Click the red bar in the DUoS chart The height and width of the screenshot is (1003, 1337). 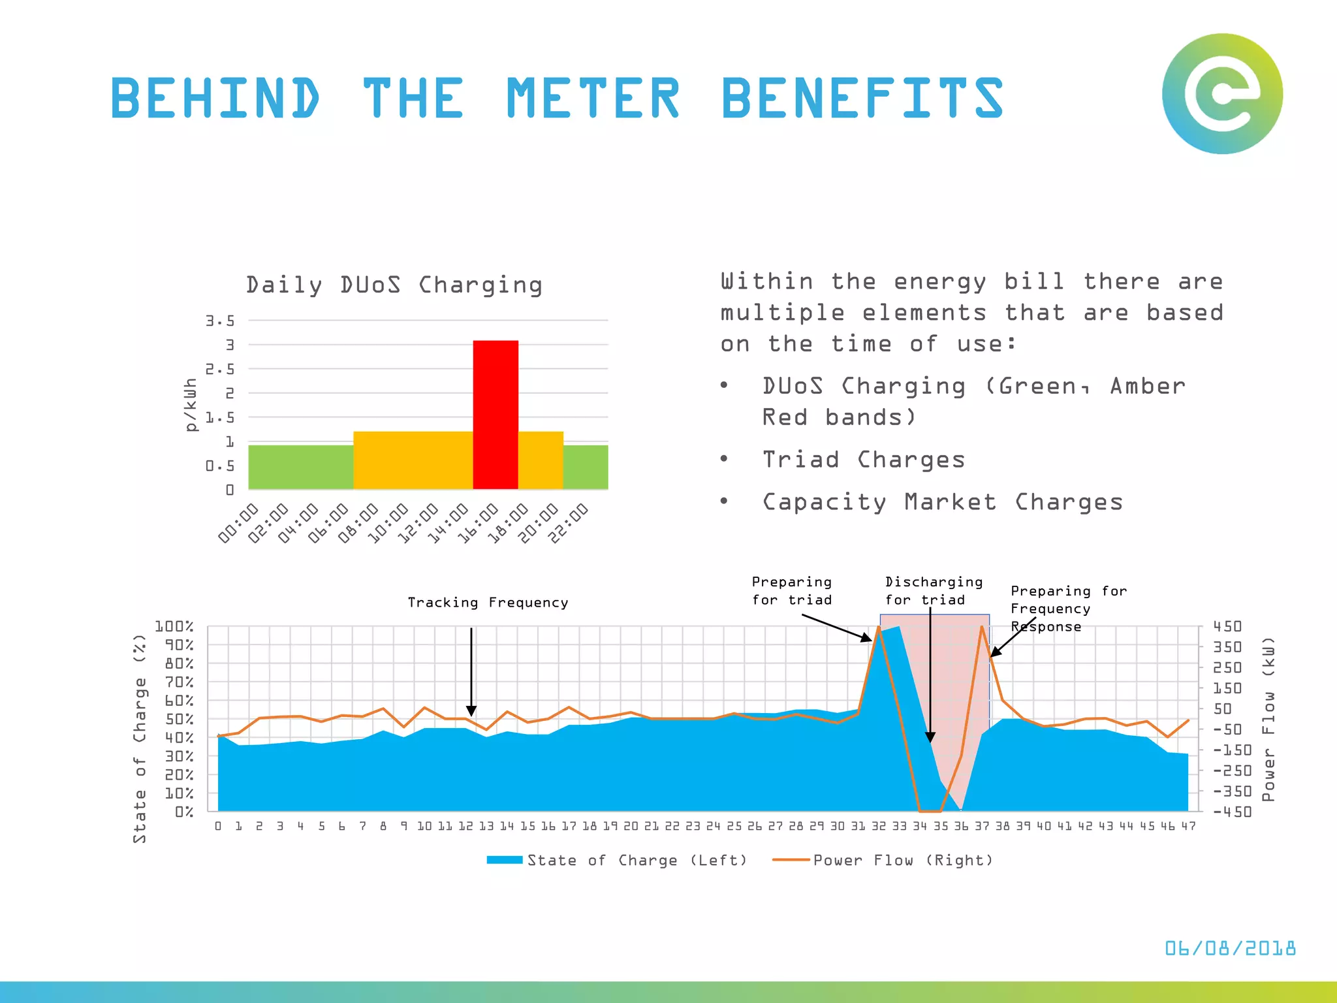[495, 414]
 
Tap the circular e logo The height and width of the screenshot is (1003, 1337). [1222, 94]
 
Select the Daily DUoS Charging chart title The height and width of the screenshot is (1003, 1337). [394, 285]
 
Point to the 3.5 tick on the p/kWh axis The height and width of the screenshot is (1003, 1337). [220, 321]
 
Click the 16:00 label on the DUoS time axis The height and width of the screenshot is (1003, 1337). [477, 523]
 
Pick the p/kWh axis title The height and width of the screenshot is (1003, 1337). [190, 405]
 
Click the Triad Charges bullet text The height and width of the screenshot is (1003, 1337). [863, 460]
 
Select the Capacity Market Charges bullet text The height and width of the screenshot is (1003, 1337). [942, 502]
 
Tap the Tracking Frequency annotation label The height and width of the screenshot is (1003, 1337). [488, 603]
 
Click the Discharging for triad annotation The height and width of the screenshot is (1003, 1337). [934, 591]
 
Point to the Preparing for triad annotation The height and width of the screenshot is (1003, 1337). [792, 591]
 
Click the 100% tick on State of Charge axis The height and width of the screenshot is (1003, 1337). [174, 627]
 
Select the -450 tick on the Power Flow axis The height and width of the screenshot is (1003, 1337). [1232, 812]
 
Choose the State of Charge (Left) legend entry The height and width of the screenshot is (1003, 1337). [617, 861]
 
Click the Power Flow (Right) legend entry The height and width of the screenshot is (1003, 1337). [883, 861]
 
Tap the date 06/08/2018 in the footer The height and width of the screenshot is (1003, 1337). [1230, 948]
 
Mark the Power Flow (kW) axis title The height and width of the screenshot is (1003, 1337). [1268, 719]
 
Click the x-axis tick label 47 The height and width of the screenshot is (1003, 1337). [1188, 827]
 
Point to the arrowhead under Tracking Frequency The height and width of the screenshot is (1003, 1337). [471, 711]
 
